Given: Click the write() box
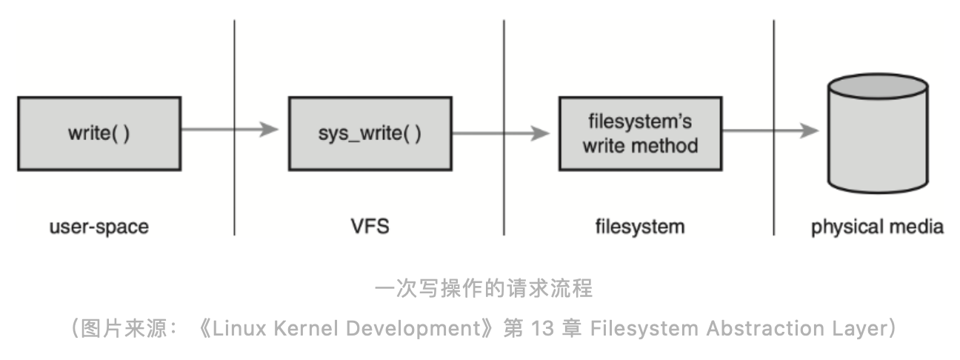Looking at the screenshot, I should click(99, 133).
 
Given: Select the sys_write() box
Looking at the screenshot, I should click(370, 133).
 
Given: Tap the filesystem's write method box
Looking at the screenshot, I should click(640, 133).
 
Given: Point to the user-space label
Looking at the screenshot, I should click(99, 227).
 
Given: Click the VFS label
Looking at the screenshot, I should click(370, 227).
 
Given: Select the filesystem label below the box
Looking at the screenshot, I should click(640, 227).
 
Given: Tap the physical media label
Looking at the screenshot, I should click(877, 227).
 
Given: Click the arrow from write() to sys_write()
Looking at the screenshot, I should click(230, 130).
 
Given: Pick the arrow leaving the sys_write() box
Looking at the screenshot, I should click(500, 134).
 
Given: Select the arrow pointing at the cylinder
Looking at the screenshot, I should click(770, 131).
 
